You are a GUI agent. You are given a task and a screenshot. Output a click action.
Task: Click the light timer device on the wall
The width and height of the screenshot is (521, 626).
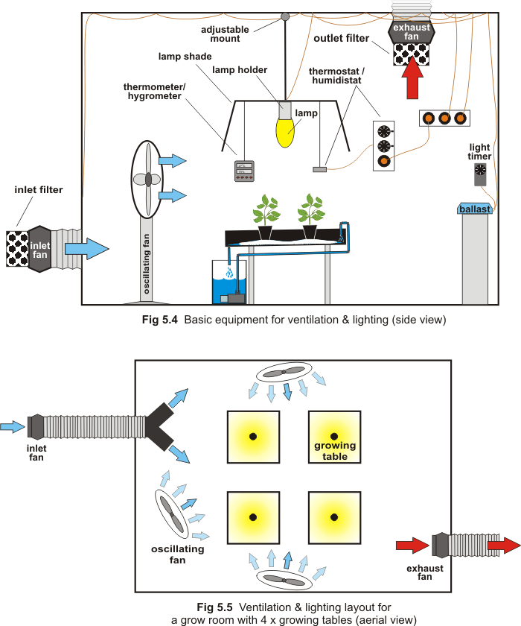[x=480, y=174]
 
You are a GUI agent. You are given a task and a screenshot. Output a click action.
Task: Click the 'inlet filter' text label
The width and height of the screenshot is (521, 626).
[x=39, y=190]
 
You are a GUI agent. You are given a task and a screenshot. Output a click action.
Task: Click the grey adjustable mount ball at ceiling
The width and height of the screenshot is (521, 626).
[x=284, y=16]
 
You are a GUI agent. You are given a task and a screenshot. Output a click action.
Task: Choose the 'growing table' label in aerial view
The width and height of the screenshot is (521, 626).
[x=335, y=451]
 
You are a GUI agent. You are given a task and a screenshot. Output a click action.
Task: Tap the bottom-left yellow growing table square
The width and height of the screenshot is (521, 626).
[x=253, y=516]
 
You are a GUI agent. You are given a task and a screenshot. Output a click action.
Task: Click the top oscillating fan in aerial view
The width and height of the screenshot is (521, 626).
[x=283, y=373]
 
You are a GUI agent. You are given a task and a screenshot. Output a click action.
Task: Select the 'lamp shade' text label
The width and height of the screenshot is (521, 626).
[x=185, y=56]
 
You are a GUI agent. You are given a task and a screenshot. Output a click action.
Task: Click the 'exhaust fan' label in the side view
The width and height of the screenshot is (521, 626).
[x=412, y=31]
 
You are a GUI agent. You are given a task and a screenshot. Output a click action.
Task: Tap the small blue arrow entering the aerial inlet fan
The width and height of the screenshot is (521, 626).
[x=13, y=426]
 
